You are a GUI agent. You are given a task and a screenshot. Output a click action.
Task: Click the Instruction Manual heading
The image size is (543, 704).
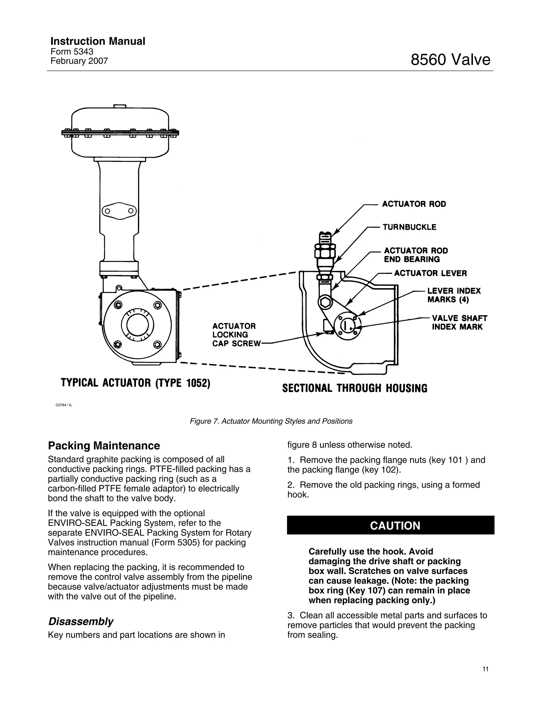(x=98, y=41)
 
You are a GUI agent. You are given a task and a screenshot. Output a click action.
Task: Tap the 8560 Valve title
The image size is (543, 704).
(x=450, y=60)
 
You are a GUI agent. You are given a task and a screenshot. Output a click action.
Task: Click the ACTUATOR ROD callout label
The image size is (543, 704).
(x=414, y=204)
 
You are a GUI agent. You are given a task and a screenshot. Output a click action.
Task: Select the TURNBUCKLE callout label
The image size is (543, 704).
(x=409, y=227)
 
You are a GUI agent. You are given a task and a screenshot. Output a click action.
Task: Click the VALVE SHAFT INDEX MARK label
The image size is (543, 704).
(x=459, y=323)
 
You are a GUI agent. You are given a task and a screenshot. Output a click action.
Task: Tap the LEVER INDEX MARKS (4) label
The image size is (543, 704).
(x=454, y=295)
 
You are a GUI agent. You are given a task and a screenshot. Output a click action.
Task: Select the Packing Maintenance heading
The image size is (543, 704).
(x=104, y=446)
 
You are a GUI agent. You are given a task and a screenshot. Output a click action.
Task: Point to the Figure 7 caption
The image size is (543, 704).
(x=271, y=421)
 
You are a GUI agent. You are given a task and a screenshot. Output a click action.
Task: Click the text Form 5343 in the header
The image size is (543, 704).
(x=72, y=52)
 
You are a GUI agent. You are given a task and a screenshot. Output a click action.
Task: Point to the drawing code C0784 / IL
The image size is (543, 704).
(x=64, y=405)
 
